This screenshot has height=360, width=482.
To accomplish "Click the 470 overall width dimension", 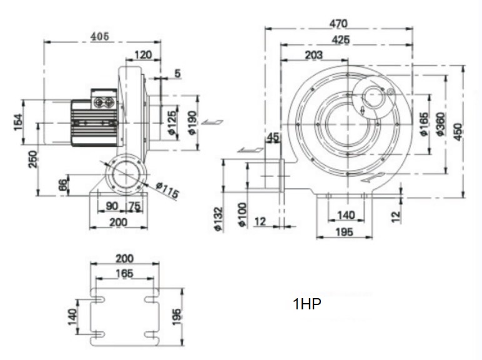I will [338, 24].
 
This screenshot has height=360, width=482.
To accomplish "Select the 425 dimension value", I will [340, 40].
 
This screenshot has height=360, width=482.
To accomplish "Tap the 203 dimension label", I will [313, 56].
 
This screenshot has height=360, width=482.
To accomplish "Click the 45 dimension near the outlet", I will [273, 137].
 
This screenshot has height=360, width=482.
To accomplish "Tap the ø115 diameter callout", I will [167, 190].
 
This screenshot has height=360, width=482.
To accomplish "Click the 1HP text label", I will [307, 305].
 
